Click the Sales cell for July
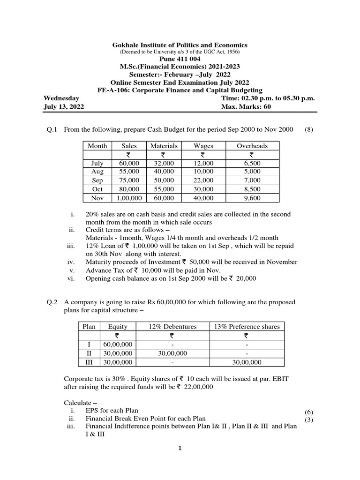[x=129, y=163]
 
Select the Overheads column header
[x=252, y=146]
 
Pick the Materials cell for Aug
[x=164, y=172]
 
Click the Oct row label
[x=97, y=189]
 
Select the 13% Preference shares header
[x=246, y=326]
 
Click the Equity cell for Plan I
[x=117, y=344]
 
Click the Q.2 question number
[x=51, y=302]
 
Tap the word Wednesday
[x=61, y=98]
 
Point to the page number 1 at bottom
[x=180, y=448]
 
